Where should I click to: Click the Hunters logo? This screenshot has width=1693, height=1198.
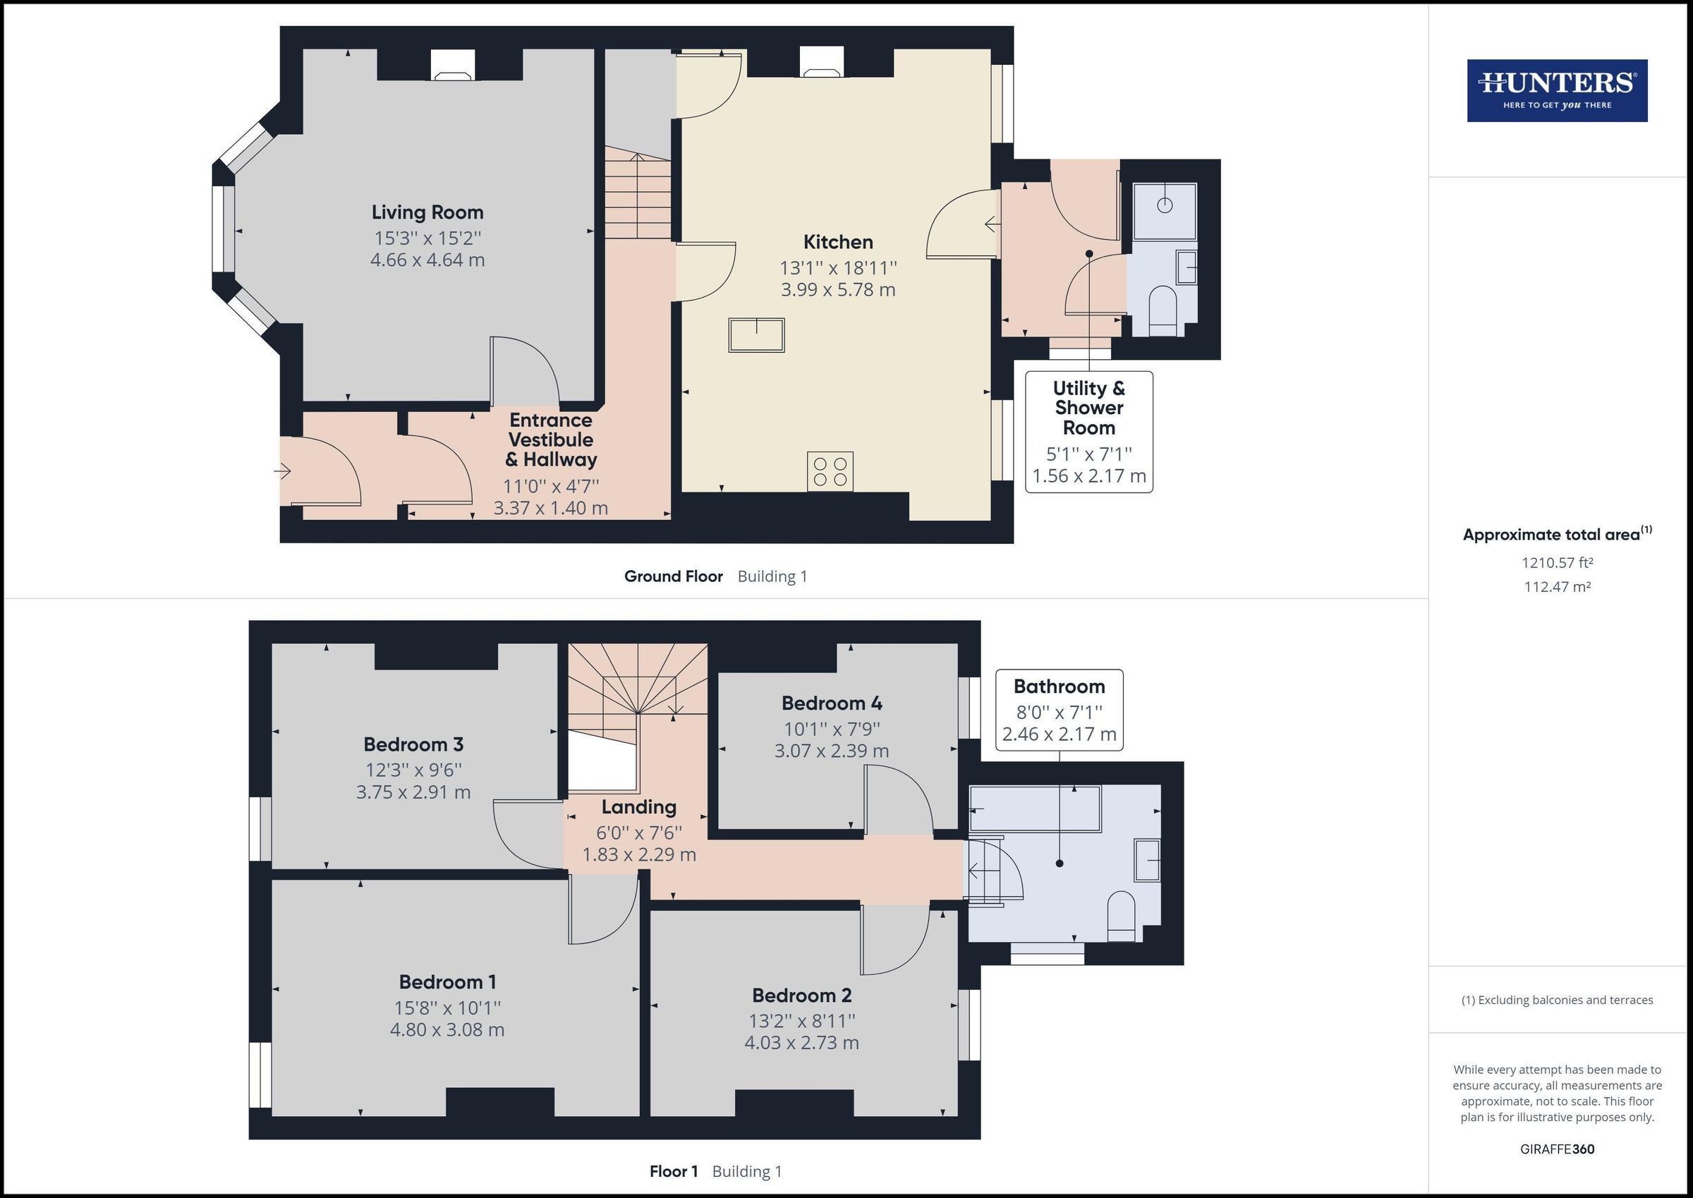(1557, 91)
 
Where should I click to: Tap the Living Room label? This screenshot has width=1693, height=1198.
(427, 212)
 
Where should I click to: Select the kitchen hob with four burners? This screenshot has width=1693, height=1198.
(830, 471)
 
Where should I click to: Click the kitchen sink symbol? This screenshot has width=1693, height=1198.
(756, 335)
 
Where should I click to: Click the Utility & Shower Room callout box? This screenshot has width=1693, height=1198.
(1088, 432)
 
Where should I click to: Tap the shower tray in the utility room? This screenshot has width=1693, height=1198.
(1165, 211)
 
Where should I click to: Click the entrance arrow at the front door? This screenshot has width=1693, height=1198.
(283, 471)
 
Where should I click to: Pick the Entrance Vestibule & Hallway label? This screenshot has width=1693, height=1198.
(551, 440)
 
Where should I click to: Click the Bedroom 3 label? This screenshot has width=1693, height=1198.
(413, 744)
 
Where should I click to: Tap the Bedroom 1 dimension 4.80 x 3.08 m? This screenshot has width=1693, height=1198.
(447, 1030)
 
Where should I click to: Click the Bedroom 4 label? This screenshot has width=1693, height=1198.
(831, 703)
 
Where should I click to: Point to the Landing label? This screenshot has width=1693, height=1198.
(638, 807)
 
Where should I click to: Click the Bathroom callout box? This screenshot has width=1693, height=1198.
(1059, 710)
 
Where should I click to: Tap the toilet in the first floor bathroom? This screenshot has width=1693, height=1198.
(1121, 916)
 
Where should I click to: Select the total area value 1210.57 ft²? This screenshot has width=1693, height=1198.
(1557, 563)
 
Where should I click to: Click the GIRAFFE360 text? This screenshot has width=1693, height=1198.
(1557, 1149)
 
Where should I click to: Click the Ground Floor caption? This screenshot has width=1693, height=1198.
(673, 576)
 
